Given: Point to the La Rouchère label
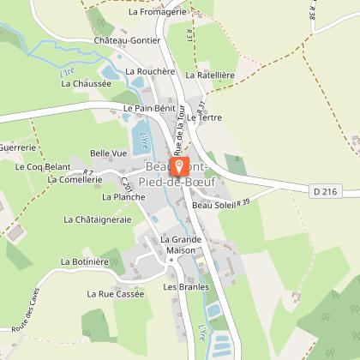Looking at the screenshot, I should click(150, 72).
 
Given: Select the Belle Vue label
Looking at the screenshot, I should click(109, 153).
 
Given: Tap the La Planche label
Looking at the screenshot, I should click(123, 196).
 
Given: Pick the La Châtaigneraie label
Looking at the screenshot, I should click(97, 219).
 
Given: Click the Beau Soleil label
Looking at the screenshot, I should click(213, 206).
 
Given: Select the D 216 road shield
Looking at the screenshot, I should click(325, 192).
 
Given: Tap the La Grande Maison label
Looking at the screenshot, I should click(180, 244).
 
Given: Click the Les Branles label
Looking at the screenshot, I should click(186, 287).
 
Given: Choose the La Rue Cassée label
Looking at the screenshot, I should click(116, 293).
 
